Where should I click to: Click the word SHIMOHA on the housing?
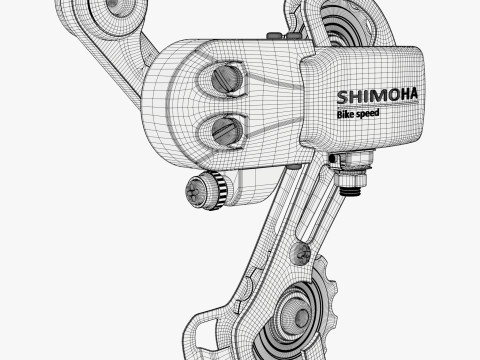377,96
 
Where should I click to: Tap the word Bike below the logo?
345,114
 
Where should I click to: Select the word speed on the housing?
367,114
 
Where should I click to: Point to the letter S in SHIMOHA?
342,97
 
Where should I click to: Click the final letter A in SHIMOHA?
412,94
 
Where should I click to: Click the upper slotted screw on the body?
228,79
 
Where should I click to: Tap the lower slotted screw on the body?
227,131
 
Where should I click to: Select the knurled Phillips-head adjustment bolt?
207,190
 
